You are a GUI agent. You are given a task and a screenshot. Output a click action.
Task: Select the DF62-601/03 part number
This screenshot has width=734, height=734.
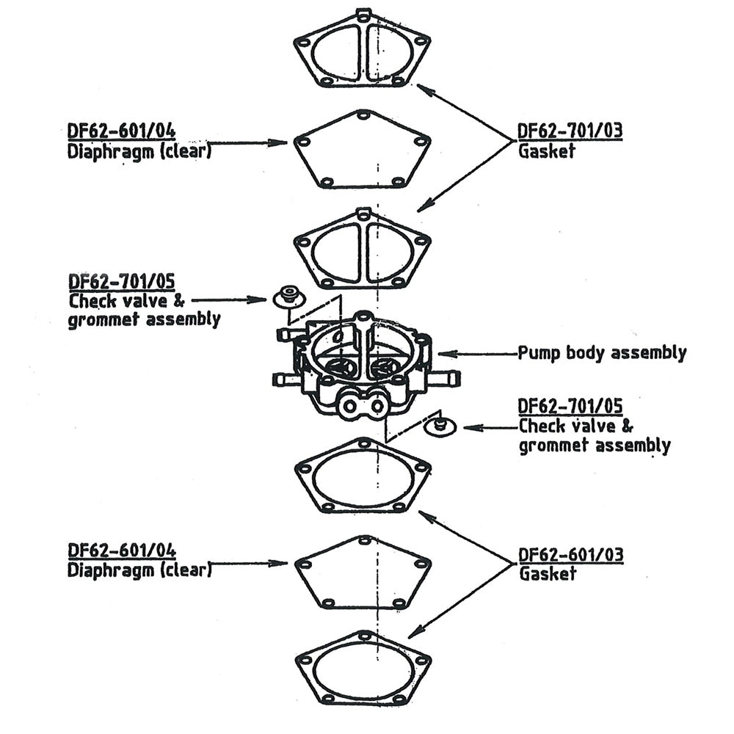point(570,554)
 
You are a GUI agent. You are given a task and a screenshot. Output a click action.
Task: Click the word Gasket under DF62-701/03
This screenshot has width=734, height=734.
point(547,151)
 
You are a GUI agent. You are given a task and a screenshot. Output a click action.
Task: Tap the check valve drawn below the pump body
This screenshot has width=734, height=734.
point(440,426)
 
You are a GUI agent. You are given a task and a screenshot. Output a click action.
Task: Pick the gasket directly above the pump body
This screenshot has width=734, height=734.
point(362,250)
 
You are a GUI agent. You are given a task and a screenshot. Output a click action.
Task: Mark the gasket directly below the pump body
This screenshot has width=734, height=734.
point(362,477)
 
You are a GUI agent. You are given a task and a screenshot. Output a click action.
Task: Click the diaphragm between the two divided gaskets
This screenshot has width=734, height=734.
point(362,150)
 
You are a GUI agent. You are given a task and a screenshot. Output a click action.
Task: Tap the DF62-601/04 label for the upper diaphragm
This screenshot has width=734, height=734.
point(121,132)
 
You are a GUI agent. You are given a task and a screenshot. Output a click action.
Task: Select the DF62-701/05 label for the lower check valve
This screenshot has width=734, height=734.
point(570,406)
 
